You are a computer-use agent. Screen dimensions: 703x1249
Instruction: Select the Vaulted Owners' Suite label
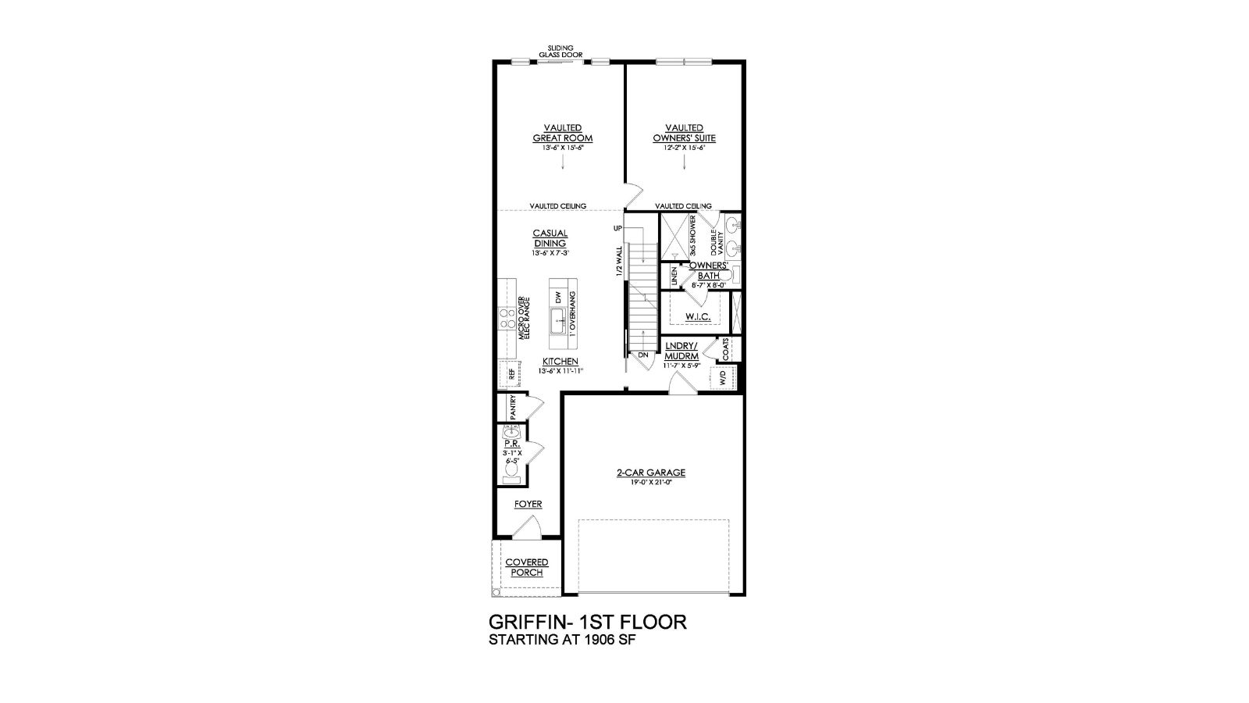pos(684,133)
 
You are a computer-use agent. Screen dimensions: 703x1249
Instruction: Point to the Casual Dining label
pos(550,238)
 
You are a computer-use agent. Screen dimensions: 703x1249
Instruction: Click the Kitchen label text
pos(560,362)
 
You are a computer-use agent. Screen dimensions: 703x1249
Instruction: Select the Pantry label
pos(513,408)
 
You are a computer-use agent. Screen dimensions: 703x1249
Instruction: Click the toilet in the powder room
pos(512,469)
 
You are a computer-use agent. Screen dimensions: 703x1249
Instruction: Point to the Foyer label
pos(528,505)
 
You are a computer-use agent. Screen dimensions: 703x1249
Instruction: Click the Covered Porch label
pos(526,567)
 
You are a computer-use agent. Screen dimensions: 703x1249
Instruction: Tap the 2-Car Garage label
pos(650,473)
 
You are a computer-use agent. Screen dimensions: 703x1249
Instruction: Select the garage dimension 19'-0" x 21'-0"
pos(650,483)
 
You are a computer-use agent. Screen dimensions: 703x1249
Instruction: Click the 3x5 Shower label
pos(692,237)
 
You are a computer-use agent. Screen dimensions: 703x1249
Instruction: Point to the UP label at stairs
pos(617,228)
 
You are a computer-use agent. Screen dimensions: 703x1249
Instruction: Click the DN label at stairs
pos(643,355)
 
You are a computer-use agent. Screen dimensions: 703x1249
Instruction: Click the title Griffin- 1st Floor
pos(587,622)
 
